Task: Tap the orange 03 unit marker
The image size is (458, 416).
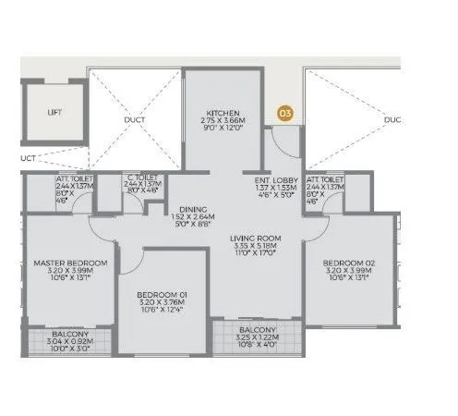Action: (x=285, y=114)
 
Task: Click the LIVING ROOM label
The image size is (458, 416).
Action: (x=255, y=239)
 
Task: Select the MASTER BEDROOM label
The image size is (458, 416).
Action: (x=70, y=263)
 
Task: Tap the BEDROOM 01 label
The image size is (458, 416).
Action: (x=166, y=288)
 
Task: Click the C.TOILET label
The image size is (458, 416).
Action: (x=142, y=177)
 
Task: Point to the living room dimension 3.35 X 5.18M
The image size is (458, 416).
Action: (x=255, y=248)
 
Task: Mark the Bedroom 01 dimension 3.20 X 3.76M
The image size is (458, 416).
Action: (x=166, y=298)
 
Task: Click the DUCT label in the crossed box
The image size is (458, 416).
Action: (x=135, y=119)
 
